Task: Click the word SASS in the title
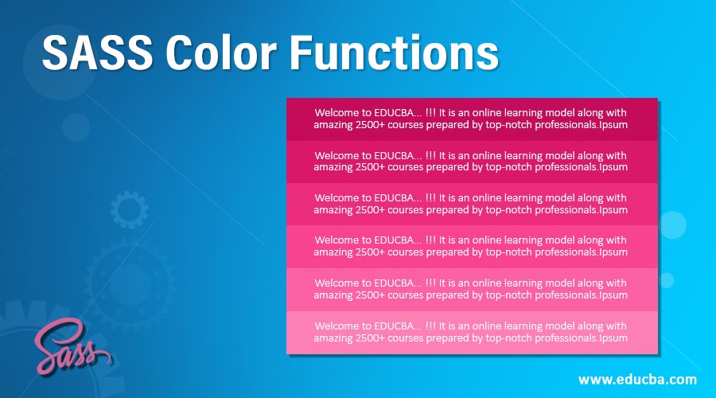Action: (98, 53)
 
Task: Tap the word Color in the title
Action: (221, 53)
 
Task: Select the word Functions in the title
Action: (394, 53)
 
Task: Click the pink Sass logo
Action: (72, 346)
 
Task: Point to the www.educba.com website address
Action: (637, 380)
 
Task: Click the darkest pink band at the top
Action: (472, 119)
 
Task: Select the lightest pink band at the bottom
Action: (472, 332)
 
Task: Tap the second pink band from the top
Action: (472, 162)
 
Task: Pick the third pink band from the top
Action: (472, 205)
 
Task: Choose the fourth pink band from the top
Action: (472, 247)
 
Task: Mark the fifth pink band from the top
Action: (472, 290)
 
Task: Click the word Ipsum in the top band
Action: (613, 125)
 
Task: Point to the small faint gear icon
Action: (129, 209)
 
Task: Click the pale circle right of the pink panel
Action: (672, 224)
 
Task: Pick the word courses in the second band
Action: (406, 167)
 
